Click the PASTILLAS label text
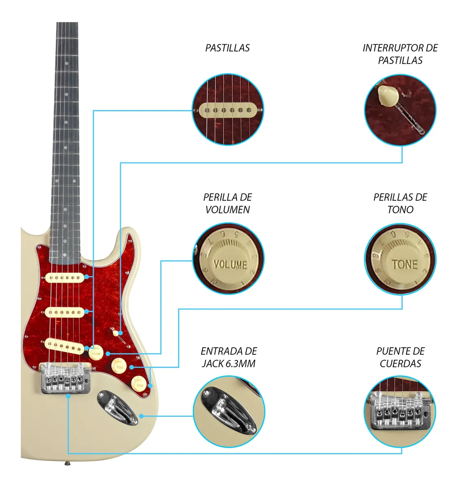point(227,48)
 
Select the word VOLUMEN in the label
point(227,210)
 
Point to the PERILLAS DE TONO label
point(400,203)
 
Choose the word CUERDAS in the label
point(400,364)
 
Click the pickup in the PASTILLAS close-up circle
point(228,110)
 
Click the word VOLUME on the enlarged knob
point(230,264)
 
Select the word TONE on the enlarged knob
point(404,264)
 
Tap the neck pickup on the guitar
point(65,278)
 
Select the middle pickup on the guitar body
point(65,312)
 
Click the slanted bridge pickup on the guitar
point(65,346)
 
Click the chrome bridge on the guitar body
point(66,378)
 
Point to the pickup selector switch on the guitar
point(117,333)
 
